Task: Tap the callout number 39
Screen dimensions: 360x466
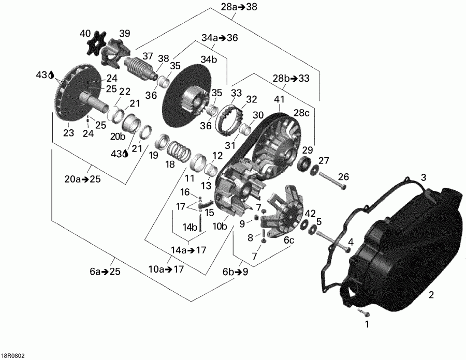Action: click(x=125, y=34)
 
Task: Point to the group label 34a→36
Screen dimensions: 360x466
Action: click(x=220, y=38)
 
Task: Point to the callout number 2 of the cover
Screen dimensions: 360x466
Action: click(x=430, y=295)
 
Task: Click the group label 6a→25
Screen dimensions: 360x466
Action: click(x=105, y=272)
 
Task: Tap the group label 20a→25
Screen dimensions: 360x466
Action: click(x=83, y=179)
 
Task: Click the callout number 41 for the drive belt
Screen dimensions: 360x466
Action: click(x=280, y=99)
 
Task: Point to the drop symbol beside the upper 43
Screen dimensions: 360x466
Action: click(x=51, y=76)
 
